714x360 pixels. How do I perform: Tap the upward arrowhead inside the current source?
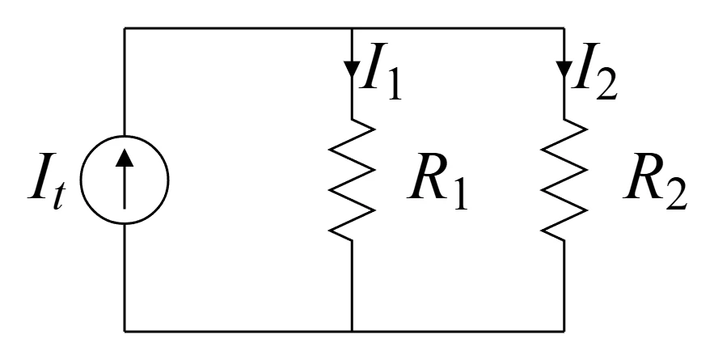pos(125,158)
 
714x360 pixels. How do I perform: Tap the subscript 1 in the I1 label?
pos(395,84)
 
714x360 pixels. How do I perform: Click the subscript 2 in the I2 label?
pos(606,84)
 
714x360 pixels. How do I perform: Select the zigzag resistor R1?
pos(352,180)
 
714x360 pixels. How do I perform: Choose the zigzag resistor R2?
pos(564,180)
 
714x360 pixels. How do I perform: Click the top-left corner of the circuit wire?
pos(125,28)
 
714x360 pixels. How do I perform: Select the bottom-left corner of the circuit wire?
pos(125,331)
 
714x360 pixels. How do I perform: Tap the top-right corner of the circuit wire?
pos(564,28)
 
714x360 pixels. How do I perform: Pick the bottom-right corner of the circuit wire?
pos(564,331)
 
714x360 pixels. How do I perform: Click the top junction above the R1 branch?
pos(352,28)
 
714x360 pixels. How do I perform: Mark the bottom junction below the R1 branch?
pos(352,331)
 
